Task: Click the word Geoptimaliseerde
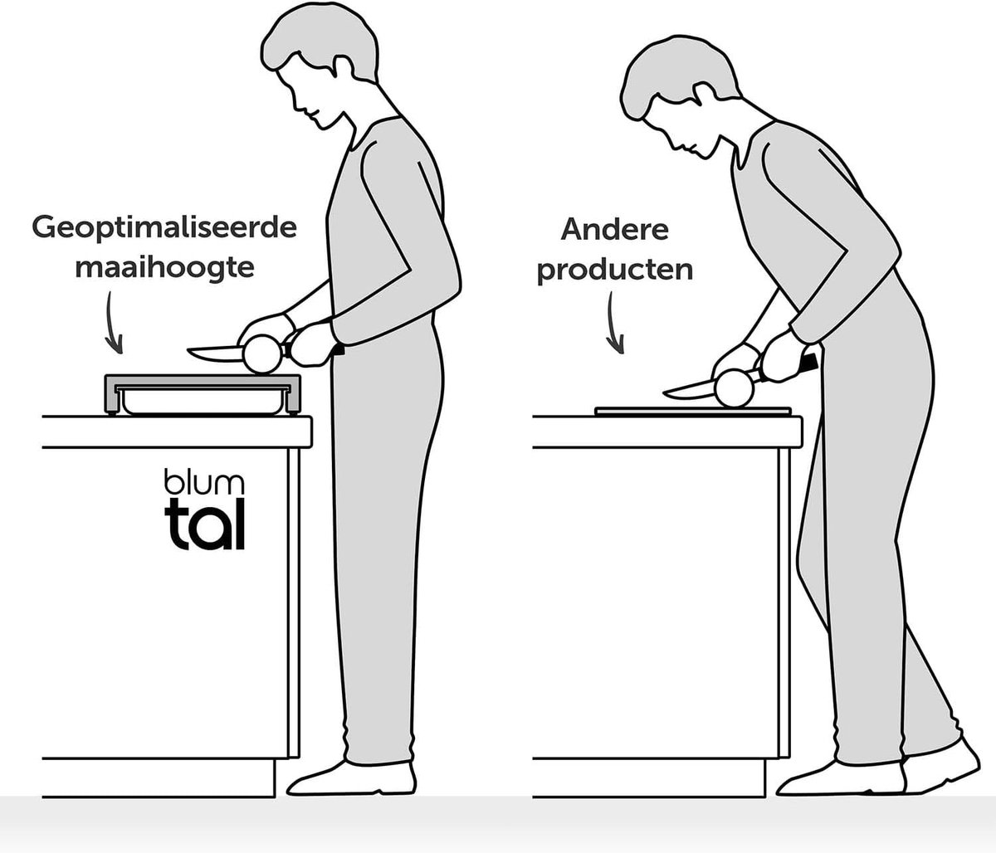tap(164, 229)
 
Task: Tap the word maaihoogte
tap(165, 268)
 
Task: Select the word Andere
tap(615, 230)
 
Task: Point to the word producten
tap(615, 271)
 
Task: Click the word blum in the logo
tap(204, 481)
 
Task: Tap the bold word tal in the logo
tap(205, 524)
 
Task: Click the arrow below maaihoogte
tap(113, 322)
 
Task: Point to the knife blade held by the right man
tap(690, 389)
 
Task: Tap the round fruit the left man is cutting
tap(262, 355)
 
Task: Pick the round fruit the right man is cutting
tap(734, 388)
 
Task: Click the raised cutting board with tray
tap(203, 394)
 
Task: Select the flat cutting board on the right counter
tap(692, 412)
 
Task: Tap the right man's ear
tap(704, 95)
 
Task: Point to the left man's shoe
tap(352, 778)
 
